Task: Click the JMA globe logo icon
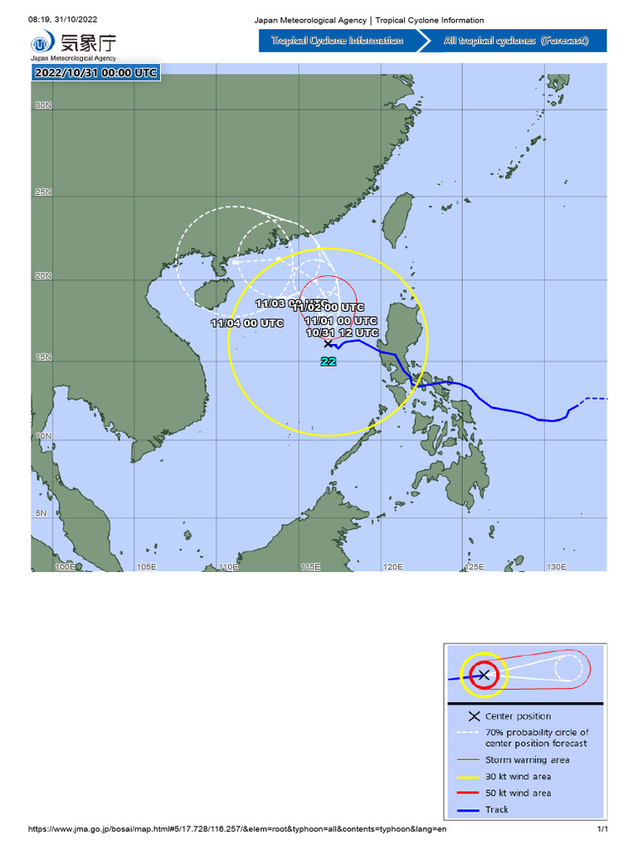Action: click(x=41, y=44)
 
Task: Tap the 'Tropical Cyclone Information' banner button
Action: click(x=338, y=41)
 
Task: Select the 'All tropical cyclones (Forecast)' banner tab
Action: click(x=516, y=41)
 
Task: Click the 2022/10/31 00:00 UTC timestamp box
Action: click(x=95, y=73)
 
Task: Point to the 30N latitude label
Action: click(x=43, y=106)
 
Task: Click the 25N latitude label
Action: click(x=43, y=192)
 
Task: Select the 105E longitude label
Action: click(x=146, y=567)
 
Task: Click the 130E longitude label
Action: click(x=556, y=567)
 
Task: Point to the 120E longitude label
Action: click(x=392, y=567)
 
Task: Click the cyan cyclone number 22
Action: click(x=328, y=361)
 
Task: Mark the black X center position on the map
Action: click(x=328, y=342)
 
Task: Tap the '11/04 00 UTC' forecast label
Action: click(x=247, y=323)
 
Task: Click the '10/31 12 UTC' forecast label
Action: click(x=342, y=332)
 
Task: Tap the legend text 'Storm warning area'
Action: click(x=528, y=759)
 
